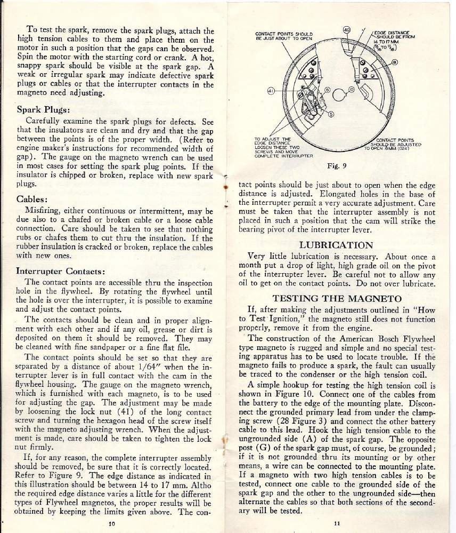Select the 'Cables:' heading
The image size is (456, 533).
(x=34, y=200)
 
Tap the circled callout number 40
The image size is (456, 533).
(x=346, y=29)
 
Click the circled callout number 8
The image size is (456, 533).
(x=394, y=62)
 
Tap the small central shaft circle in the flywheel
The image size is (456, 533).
(x=337, y=96)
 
